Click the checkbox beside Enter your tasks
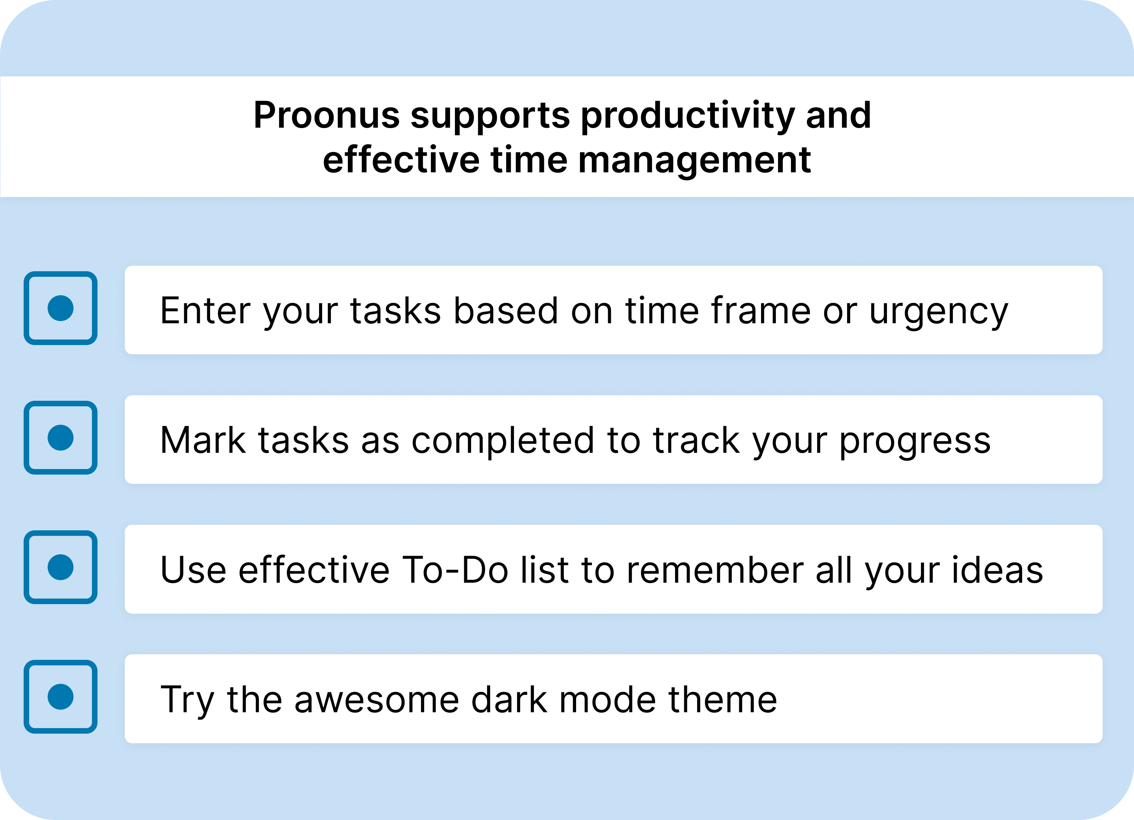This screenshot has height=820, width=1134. [x=61, y=308]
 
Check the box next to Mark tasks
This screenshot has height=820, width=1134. [x=61, y=438]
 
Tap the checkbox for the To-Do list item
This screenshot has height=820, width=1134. [x=61, y=567]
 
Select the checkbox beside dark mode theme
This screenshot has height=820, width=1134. [x=61, y=697]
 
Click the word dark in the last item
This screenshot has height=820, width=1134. [x=509, y=699]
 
